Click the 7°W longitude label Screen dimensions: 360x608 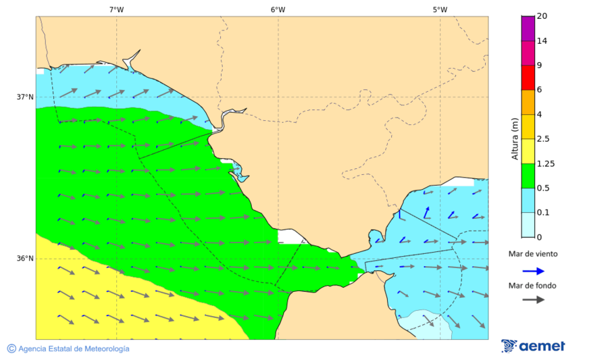[x=116, y=9]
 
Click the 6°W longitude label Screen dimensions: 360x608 [x=278, y=9]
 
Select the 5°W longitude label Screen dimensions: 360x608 [x=440, y=9]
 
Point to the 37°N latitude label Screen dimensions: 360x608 [x=25, y=97]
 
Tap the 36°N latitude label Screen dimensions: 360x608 [x=25, y=258]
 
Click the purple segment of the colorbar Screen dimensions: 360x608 [x=528, y=28]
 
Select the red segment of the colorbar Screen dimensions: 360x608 [x=528, y=77]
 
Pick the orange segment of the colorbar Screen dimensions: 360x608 [x=528, y=102]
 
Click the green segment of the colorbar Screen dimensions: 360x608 [x=528, y=176]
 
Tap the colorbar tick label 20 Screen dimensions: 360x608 [x=542, y=16]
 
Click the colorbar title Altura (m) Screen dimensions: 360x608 [x=514, y=138]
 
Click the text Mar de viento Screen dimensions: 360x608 [x=533, y=255]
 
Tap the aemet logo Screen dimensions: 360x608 [x=533, y=346]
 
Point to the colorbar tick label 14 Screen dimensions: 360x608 [x=542, y=41]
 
